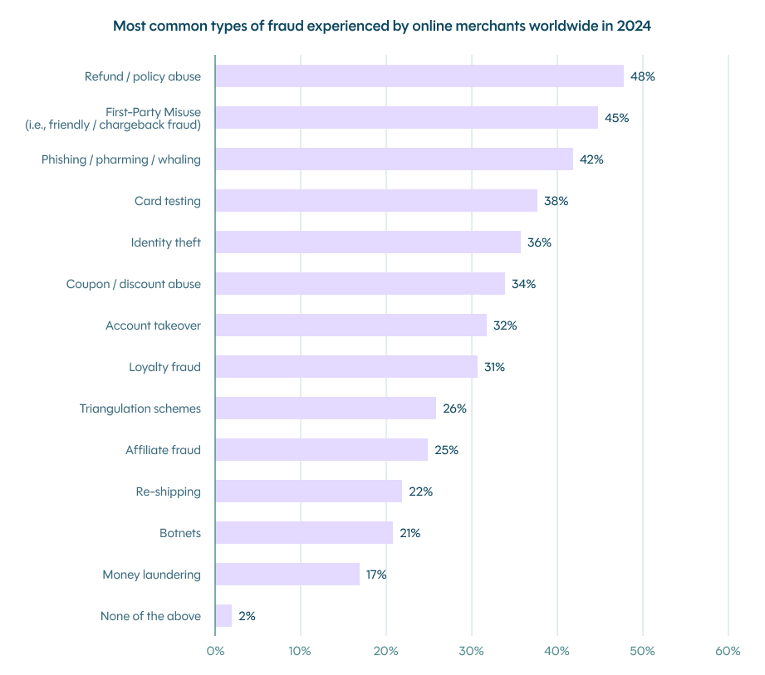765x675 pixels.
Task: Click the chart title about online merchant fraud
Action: pos(382,26)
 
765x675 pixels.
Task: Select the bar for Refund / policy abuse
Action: pos(419,76)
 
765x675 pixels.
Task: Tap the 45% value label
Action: pos(616,118)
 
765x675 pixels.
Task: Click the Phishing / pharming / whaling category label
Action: pos(121,159)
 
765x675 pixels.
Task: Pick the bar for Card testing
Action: pos(375,201)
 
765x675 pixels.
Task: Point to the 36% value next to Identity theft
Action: pos(539,242)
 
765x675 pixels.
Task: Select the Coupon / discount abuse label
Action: pos(134,284)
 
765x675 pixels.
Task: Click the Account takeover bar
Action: pos(351,325)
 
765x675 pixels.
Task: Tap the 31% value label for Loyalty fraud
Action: pos(494,367)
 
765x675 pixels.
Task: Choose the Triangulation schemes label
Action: pos(140,408)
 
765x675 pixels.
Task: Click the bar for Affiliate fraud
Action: pos(321,450)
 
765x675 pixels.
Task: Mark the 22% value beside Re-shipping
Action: pos(420,492)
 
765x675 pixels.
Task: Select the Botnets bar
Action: pos(304,533)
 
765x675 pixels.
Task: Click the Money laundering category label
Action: pos(152,575)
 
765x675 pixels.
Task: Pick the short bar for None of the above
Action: pos(223,616)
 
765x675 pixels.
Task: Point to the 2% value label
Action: pos(247,616)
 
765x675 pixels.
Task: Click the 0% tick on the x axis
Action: pos(215,651)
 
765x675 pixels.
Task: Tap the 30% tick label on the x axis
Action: pos(472,651)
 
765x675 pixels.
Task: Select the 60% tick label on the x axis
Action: pos(728,651)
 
